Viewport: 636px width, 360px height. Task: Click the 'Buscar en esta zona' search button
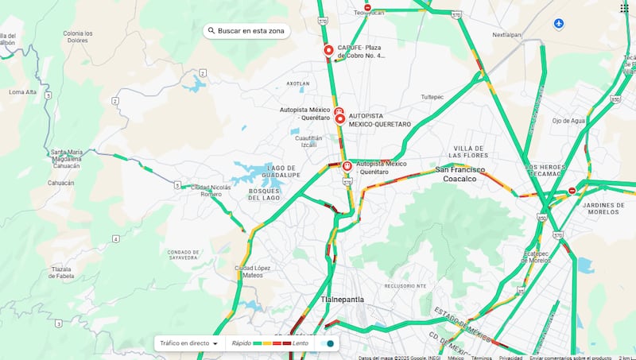pos(246,30)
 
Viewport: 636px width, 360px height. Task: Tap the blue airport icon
pos(559,24)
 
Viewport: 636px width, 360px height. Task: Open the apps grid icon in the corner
pos(624,8)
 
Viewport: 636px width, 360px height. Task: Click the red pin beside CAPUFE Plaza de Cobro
pos(329,51)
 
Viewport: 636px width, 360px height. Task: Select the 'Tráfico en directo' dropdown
pos(189,343)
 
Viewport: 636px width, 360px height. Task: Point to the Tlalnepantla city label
pos(342,299)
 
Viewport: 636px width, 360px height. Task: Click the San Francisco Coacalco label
pos(465,173)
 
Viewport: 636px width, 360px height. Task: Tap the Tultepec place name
pos(432,97)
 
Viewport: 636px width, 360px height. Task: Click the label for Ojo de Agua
pos(568,121)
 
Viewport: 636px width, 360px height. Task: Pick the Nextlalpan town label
pos(506,35)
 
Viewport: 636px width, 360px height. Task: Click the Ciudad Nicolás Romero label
pos(211,191)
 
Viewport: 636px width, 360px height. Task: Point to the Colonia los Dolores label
pos(78,37)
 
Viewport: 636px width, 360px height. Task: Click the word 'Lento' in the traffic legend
pos(301,343)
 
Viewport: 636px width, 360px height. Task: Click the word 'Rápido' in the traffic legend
pos(242,343)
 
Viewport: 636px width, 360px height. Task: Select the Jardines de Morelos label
pos(605,208)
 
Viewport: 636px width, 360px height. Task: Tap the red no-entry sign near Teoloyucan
pos(367,7)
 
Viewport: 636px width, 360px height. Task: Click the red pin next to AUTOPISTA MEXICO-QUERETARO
pos(340,119)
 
